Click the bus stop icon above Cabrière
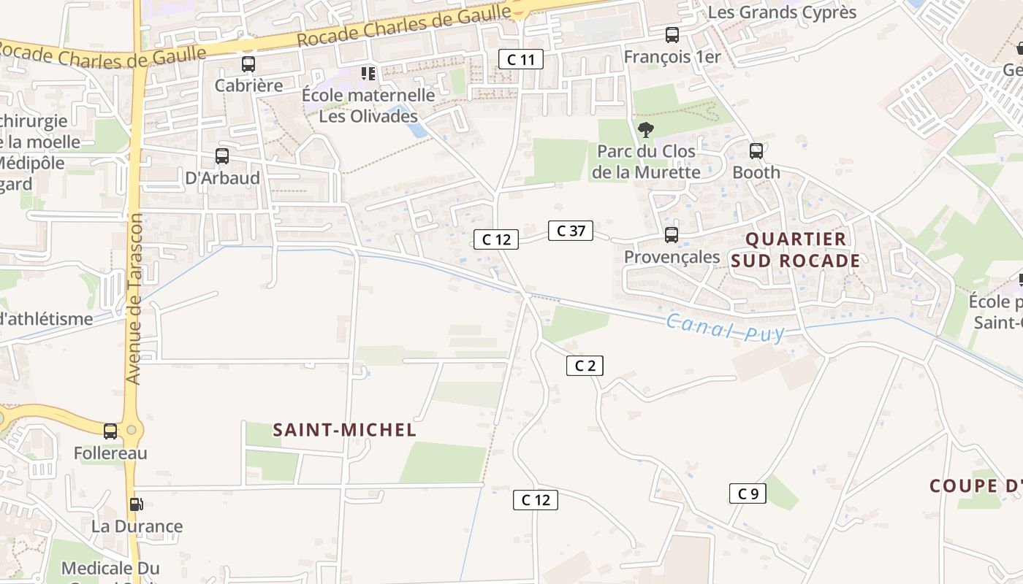(248, 64)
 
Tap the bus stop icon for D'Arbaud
(222, 156)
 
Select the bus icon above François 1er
(672, 35)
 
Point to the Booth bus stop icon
(756, 151)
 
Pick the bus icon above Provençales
(672, 235)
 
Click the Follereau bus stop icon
(110, 431)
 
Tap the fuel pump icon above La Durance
(135, 504)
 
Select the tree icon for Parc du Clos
(645, 130)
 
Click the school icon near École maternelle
(368, 73)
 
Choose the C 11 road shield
(521, 59)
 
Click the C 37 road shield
(571, 231)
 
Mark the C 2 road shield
(585, 366)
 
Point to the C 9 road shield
(748, 493)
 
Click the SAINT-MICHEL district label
(345, 430)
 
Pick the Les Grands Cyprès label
(782, 12)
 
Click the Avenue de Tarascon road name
(134, 299)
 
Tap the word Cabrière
(248, 85)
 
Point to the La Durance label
(137, 526)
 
